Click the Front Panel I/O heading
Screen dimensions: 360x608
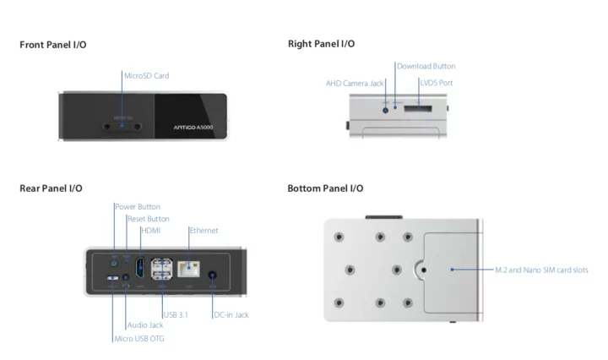(x=52, y=44)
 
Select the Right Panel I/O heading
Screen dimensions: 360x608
(x=321, y=43)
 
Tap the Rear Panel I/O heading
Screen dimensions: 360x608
(x=51, y=188)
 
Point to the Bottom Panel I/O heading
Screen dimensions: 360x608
(x=325, y=188)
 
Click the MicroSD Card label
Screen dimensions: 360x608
(x=146, y=76)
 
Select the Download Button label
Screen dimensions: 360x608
(x=426, y=66)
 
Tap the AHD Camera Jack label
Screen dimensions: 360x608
(x=355, y=84)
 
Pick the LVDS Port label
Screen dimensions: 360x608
(x=437, y=84)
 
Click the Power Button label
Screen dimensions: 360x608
(x=138, y=206)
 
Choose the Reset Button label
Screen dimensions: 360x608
(x=148, y=219)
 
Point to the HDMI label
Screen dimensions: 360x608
(x=151, y=231)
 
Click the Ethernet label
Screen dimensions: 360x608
(x=204, y=231)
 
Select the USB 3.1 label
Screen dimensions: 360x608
(x=176, y=315)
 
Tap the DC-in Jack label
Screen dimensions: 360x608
(x=231, y=315)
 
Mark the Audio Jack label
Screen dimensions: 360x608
(x=145, y=325)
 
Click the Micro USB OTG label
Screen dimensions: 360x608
(x=139, y=339)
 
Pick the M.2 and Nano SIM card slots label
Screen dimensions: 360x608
(x=541, y=270)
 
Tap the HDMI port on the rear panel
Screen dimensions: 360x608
(x=139, y=268)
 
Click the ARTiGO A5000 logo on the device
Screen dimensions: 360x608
(x=193, y=127)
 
